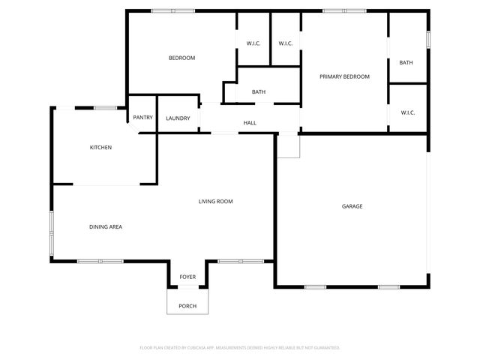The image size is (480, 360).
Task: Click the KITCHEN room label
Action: (x=100, y=148)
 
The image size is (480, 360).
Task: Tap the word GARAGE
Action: (x=352, y=206)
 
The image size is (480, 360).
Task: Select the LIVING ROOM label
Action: (x=215, y=201)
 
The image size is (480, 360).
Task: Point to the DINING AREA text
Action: (x=106, y=227)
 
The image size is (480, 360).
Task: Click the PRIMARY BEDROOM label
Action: (x=344, y=76)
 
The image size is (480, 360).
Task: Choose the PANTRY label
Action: (x=142, y=118)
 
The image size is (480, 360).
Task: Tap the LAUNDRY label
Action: (x=178, y=118)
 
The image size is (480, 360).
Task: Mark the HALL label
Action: (x=250, y=123)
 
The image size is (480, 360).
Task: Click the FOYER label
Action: (x=187, y=277)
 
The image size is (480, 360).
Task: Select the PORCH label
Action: (x=187, y=306)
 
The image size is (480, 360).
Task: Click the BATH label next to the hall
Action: (x=258, y=92)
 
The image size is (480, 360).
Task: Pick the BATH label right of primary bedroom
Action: (x=406, y=62)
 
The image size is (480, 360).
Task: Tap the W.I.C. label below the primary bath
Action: (x=407, y=112)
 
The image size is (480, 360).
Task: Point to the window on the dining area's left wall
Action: (x=51, y=233)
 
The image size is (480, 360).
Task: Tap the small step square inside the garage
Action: (x=288, y=146)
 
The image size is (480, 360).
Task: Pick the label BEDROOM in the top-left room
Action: (x=181, y=58)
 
